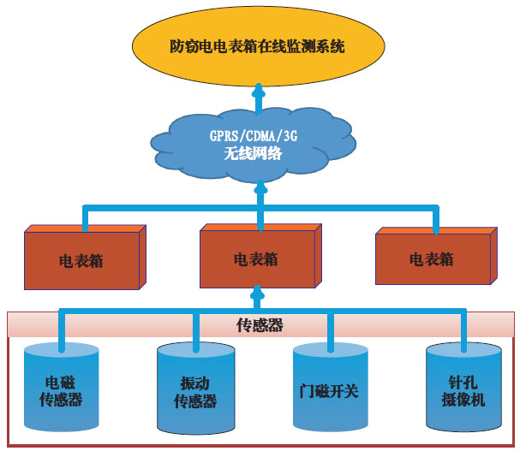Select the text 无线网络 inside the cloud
point(258,155)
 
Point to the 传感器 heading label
point(260,326)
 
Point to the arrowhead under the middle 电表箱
point(254,295)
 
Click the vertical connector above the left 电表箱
point(85,217)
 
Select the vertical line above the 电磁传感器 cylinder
point(61,329)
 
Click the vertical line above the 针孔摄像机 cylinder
point(464,329)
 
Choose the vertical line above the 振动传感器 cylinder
point(196,329)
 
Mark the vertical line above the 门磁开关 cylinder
point(330,329)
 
